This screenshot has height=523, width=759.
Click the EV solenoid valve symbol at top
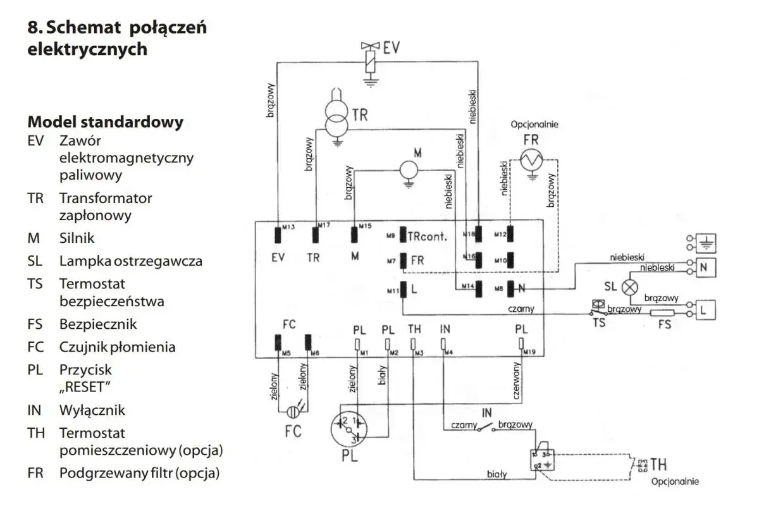371,60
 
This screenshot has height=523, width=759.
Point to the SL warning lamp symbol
629,286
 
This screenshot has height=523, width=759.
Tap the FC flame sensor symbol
292,412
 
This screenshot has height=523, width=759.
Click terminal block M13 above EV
277,235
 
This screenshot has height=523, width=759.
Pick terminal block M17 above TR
314,235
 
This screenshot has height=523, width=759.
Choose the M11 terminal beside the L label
402,291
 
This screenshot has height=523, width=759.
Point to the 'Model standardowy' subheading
106,121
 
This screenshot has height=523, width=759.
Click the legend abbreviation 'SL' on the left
35,261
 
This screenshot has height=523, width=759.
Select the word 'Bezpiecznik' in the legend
98,324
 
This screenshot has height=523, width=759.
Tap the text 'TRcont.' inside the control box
428,237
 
